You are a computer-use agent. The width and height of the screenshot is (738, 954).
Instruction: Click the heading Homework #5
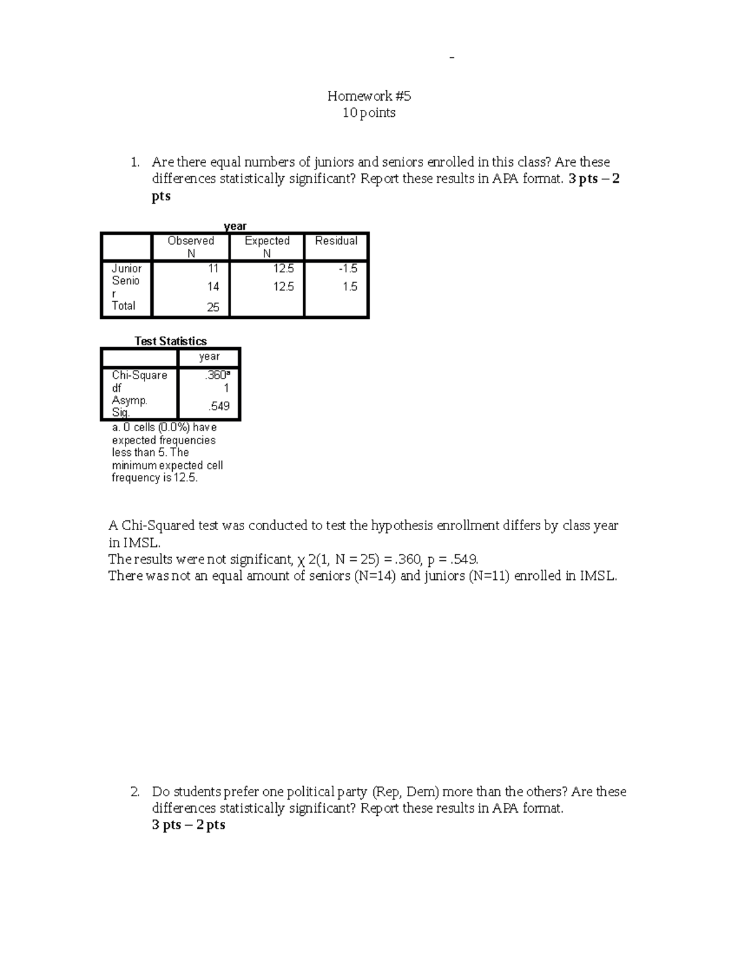click(x=368, y=96)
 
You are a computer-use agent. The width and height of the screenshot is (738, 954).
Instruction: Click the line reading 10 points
click(x=368, y=113)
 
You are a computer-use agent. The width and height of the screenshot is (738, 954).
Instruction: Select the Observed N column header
click(x=191, y=247)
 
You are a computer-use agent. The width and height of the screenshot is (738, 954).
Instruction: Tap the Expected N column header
click(x=267, y=247)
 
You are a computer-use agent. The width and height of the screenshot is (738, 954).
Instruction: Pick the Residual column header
click(x=336, y=241)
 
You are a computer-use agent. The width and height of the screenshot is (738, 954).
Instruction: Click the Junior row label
click(x=127, y=268)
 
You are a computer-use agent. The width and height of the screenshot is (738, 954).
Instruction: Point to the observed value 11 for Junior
click(x=213, y=268)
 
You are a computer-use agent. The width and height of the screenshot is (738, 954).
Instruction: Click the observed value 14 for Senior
click(x=213, y=286)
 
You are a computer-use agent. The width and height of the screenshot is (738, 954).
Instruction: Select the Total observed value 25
click(x=213, y=307)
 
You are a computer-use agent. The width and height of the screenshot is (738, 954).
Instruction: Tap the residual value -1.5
click(x=348, y=268)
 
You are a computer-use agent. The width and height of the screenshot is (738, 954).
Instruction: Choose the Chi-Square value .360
click(x=217, y=375)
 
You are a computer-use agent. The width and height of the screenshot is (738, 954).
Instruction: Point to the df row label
click(x=116, y=388)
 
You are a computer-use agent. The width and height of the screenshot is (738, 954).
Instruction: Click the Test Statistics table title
click(x=170, y=341)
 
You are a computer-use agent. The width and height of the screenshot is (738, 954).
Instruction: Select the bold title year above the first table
click(x=235, y=226)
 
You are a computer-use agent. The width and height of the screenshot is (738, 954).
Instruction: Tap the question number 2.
click(x=135, y=792)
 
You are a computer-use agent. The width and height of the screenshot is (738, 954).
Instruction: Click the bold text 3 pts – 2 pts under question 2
click(x=188, y=825)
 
